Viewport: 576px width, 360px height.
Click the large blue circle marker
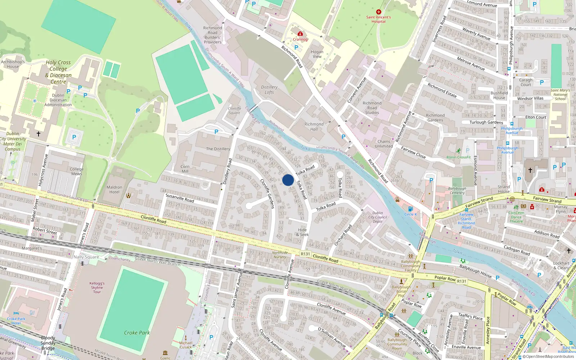pos(288,180)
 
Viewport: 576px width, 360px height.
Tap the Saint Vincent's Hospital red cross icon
pos(378,12)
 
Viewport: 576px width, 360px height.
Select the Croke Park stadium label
pos(137,333)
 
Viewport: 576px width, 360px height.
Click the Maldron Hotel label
pos(114,189)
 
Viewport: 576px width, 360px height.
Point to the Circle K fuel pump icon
pos(410,209)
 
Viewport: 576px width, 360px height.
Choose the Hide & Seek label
pos(302,232)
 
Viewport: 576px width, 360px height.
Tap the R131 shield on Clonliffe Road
pos(305,254)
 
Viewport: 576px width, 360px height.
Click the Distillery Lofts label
pos(269,90)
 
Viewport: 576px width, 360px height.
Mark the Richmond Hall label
pos(314,127)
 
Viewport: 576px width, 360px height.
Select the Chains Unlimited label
pos(384,144)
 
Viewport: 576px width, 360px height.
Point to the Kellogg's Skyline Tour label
pos(97,287)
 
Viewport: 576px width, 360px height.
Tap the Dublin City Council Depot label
pos(378,217)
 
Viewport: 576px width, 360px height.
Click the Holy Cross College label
pos(58,72)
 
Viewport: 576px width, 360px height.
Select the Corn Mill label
pos(185,169)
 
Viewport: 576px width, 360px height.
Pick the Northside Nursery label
pos(280,255)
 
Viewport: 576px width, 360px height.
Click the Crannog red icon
pos(300,34)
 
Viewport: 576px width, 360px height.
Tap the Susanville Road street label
pos(180,198)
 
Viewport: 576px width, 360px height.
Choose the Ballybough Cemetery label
pos(457,190)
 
